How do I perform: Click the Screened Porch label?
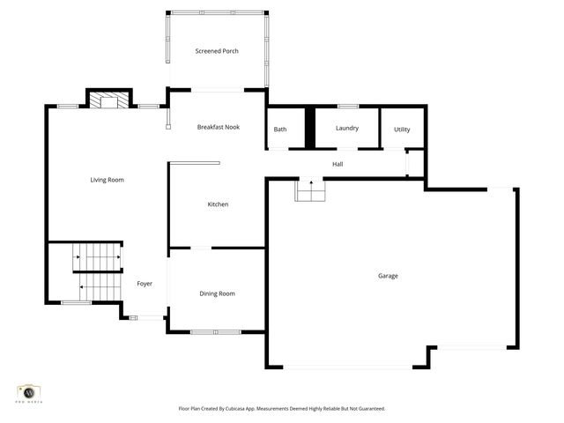pyautogui.click(x=217, y=51)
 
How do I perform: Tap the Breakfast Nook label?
pyautogui.click(x=218, y=128)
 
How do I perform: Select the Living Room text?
pyautogui.click(x=107, y=180)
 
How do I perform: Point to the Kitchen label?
pyautogui.click(x=218, y=204)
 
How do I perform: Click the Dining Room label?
pyautogui.click(x=217, y=293)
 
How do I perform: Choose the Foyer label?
pyautogui.click(x=145, y=284)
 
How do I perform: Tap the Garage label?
pyautogui.click(x=388, y=276)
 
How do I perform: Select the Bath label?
pyautogui.click(x=280, y=130)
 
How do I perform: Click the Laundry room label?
pyautogui.click(x=347, y=128)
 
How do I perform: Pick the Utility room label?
pyautogui.click(x=402, y=130)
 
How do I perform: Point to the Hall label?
pyautogui.click(x=338, y=165)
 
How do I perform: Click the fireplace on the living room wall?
pyautogui.click(x=108, y=100)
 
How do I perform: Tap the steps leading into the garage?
pyautogui.click(x=309, y=190)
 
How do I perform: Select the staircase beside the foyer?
pyautogui.click(x=97, y=271)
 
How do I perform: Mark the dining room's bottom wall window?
pyautogui.click(x=216, y=332)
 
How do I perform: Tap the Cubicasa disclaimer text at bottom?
pyautogui.click(x=282, y=409)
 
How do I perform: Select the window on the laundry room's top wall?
pyautogui.click(x=347, y=107)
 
